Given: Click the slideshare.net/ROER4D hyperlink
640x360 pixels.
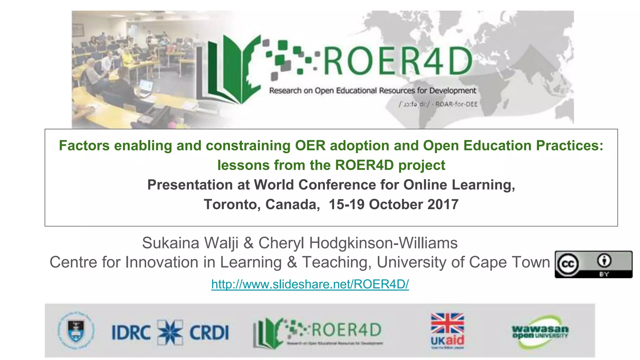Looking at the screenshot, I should coord(310,284).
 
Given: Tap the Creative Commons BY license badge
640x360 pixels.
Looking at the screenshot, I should coord(593,264).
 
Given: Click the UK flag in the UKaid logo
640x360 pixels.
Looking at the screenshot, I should coord(447,323).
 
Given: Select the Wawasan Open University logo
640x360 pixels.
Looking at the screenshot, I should coord(540,332).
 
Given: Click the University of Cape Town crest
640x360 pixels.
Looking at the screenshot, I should coord(76,331).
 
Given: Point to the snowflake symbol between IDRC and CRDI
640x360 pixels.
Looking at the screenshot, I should coord(170,332).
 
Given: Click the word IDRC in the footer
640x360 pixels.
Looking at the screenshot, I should coord(131,332).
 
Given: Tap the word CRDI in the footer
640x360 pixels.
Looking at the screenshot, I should coord(209,332).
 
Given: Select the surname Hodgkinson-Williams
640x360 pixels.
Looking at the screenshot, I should coord(383,243).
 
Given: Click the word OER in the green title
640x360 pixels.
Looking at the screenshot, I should coord(310,146).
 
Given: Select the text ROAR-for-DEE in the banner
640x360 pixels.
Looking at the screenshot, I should coord(456,104).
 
